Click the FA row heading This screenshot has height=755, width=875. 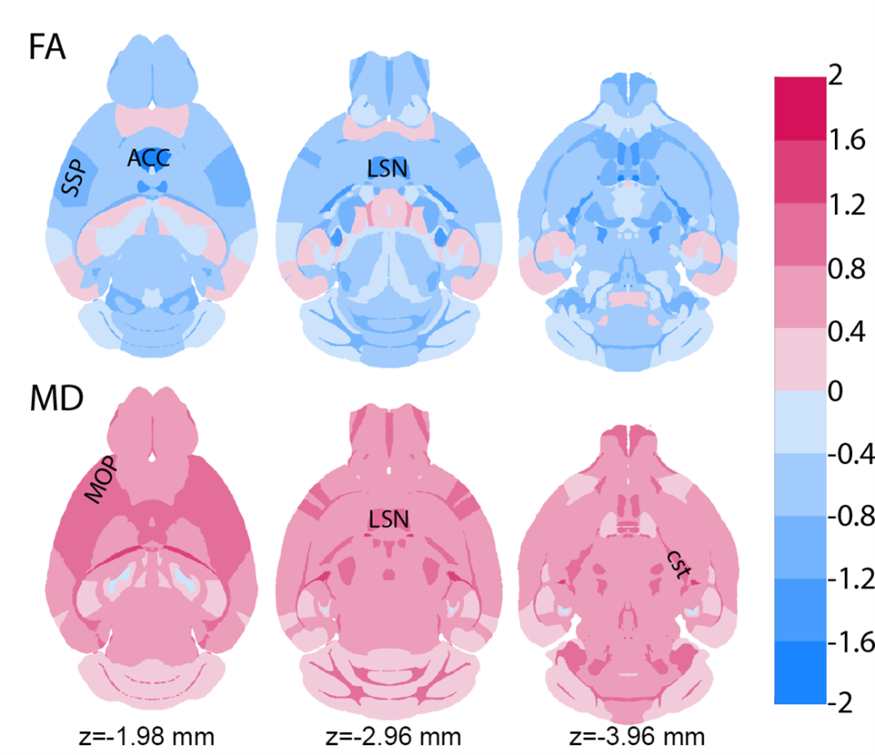[x=47, y=47]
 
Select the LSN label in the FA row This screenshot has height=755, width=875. [x=388, y=168]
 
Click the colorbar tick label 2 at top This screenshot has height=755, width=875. [x=836, y=76]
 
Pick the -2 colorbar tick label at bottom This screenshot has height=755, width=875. [x=842, y=703]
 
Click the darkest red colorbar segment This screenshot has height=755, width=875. [x=800, y=108]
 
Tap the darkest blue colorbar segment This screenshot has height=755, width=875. [x=800, y=672]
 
